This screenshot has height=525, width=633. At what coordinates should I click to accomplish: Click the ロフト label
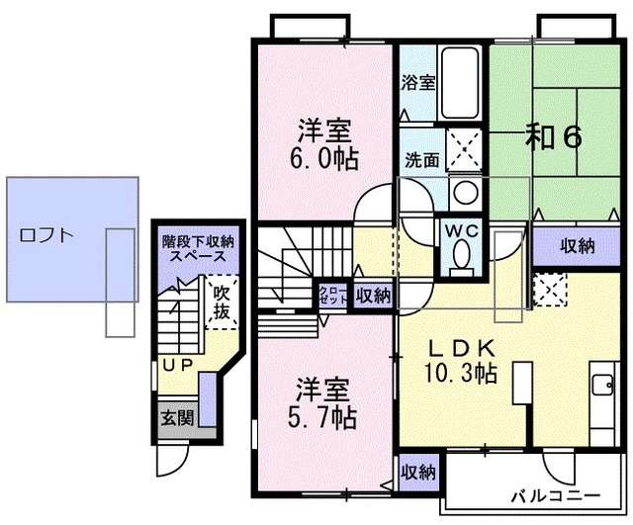pos(46,235)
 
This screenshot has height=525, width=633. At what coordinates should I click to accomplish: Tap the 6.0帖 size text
pos(324,158)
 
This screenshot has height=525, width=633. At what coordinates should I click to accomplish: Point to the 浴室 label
pos(418,83)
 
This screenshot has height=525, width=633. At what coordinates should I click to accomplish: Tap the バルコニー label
pos(555,494)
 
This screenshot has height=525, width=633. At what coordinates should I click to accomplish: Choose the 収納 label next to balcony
pos(417,474)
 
